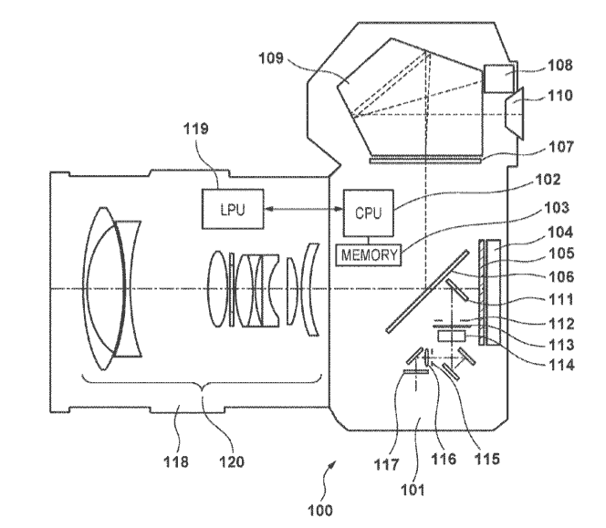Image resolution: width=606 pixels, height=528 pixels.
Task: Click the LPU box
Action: [x=233, y=209]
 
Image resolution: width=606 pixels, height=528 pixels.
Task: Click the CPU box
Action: [x=369, y=212]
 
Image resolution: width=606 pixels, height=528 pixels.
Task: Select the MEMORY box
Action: [x=369, y=255]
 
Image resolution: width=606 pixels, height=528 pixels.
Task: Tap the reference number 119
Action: [x=196, y=129]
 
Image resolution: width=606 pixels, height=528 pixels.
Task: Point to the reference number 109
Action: [x=271, y=58]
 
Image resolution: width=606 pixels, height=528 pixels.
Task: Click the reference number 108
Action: [x=560, y=66]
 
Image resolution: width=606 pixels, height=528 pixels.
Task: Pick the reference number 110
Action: [x=560, y=96]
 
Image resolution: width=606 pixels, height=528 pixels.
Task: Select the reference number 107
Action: [x=561, y=147]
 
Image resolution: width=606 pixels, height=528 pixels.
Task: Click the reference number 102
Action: [x=548, y=180]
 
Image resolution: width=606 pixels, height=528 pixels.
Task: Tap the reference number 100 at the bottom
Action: [x=320, y=511]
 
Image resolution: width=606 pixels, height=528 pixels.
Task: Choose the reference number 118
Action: [x=176, y=461]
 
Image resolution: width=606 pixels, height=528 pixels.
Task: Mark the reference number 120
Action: [x=232, y=461]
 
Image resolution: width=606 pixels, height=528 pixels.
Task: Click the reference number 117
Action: [x=386, y=465]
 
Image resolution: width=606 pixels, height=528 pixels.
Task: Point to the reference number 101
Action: [x=413, y=490]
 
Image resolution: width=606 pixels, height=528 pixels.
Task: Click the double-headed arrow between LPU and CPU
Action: [x=304, y=209]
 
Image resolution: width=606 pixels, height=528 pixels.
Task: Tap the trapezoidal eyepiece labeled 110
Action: [x=515, y=113]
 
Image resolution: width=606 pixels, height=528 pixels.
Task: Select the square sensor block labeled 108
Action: [x=499, y=78]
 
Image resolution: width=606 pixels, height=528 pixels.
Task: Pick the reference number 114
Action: [x=562, y=365]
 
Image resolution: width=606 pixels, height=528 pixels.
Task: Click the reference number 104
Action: [x=560, y=233]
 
